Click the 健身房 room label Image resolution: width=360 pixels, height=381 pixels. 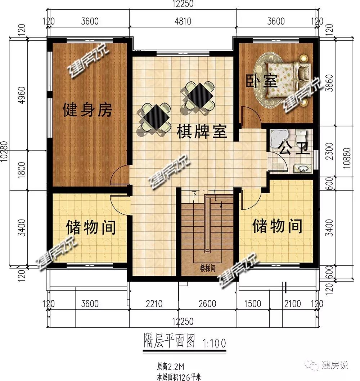click(87, 110)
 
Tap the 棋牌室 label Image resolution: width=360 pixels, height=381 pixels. click(202, 132)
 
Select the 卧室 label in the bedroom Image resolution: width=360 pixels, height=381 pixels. click(261, 81)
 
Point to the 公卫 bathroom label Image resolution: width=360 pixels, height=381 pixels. click(294, 148)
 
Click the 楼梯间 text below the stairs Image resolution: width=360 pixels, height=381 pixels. click(207, 268)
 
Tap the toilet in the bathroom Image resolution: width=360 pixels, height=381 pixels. click(301, 135)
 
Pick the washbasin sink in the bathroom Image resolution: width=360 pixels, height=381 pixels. click(302, 168)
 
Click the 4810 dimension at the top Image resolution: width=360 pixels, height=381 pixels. click(183, 21)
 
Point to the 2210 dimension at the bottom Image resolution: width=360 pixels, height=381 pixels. click(154, 304)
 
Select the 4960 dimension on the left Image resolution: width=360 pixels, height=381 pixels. click(22, 95)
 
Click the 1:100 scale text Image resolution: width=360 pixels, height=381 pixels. click(214, 343)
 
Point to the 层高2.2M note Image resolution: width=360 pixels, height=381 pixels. click(171, 366)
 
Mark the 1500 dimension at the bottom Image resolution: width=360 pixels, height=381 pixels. click(252, 304)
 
